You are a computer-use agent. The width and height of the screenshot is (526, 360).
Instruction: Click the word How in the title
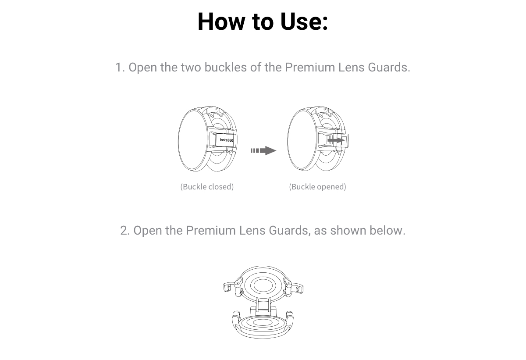(x=221, y=21)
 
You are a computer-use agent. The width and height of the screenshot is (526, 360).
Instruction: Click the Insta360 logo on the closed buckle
(x=226, y=140)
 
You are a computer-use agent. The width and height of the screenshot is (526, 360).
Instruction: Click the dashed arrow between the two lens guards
(x=263, y=150)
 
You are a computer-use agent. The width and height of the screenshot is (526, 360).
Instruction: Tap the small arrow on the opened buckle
(x=336, y=140)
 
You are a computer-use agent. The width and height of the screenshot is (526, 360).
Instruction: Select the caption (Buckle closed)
(x=207, y=187)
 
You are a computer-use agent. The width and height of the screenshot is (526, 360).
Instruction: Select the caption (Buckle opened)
(x=317, y=187)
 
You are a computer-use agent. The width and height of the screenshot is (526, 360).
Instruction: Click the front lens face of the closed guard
(x=192, y=140)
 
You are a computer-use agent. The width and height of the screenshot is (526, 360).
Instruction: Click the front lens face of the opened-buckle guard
(x=302, y=140)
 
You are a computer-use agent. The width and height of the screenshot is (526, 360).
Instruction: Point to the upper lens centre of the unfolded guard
(x=263, y=285)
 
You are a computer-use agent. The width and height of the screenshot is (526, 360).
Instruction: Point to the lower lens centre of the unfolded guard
(x=263, y=323)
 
